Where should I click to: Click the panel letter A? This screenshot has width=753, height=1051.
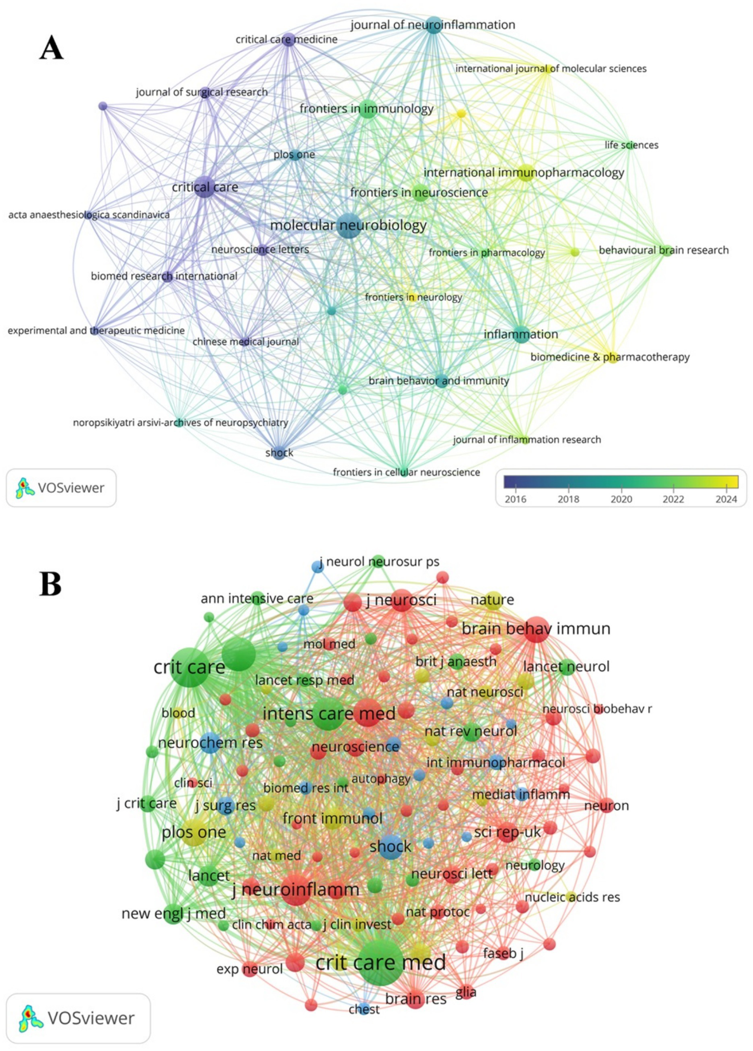click(x=52, y=49)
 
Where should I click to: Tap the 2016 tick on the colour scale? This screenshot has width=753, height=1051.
click(x=515, y=499)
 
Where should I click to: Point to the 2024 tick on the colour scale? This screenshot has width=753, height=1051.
click(x=726, y=499)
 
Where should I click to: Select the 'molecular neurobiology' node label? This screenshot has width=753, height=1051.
click(x=348, y=225)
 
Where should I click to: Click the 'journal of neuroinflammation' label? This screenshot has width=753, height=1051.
click(x=433, y=25)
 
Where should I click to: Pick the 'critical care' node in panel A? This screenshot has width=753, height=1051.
click(x=205, y=187)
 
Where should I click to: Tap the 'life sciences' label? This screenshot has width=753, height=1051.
click(x=631, y=145)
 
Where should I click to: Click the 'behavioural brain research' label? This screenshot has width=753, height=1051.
click(x=664, y=250)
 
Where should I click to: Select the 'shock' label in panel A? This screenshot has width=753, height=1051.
click(x=279, y=453)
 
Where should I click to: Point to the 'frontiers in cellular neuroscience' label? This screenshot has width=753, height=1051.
click(x=406, y=472)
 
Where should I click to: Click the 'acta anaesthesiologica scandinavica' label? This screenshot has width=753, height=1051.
click(x=89, y=215)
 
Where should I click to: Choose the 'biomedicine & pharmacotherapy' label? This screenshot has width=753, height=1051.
click(x=610, y=357)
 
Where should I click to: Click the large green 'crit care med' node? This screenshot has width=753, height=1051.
click(x=381, y=962)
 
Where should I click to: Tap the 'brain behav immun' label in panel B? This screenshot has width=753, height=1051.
click(x=536, y=629)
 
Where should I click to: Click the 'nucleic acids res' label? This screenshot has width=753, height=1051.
click(x=572, y=897)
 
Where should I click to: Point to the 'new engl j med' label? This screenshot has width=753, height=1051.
click(x=174, y=913)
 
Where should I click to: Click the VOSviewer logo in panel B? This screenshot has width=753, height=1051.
click(x=78, y=1018)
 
